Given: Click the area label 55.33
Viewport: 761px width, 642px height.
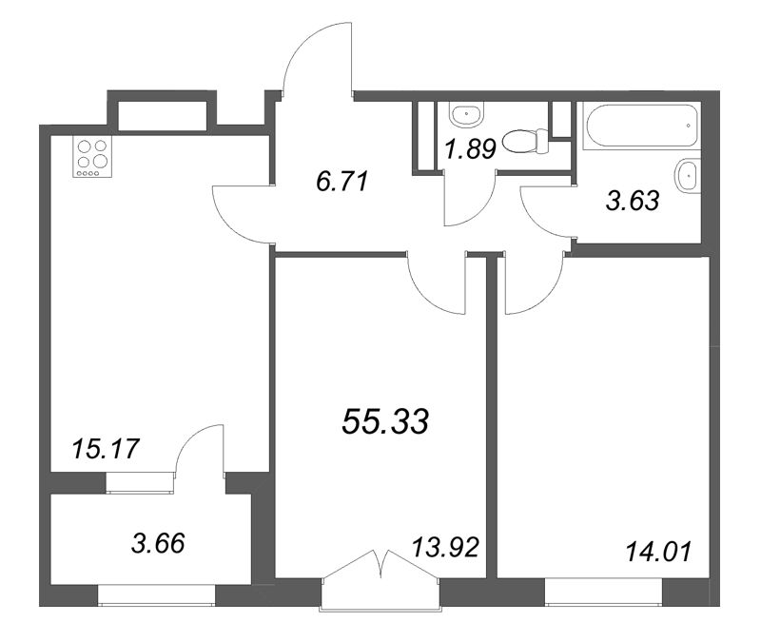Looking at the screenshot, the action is [x=385, y=421].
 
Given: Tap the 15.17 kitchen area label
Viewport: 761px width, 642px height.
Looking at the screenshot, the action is [x=105, y=448].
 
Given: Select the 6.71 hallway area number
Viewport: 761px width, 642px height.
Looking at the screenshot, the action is [x=342, y=182].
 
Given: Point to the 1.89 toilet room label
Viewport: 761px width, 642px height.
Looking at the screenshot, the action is [x=470, y=149].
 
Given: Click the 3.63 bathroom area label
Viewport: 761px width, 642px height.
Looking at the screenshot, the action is [x=633, y=201].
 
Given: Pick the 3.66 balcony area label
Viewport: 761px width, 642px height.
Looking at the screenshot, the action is [x=158, y=542].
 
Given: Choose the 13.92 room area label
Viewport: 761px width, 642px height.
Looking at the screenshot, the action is [x=445, y=547].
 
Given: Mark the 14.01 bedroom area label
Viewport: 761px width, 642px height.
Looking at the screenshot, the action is [x=658, y=552].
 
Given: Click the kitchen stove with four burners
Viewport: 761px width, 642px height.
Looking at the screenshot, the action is [x=92, y=157].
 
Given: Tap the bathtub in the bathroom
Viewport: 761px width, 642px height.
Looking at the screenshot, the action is [x=642, y=126].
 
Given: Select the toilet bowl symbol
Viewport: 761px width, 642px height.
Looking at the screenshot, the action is [x=526, y=142].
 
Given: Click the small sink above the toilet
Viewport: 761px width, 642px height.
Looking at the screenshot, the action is [x=467, y=115].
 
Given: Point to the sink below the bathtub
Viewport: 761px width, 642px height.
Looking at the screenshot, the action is [x=688, y=175].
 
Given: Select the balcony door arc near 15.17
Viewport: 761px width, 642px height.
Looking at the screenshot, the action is [x=190, y=438].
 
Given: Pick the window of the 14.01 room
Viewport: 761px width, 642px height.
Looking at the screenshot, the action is [x=603, y=592].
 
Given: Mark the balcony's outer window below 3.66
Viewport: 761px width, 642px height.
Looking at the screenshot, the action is [x=156, y=595].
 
